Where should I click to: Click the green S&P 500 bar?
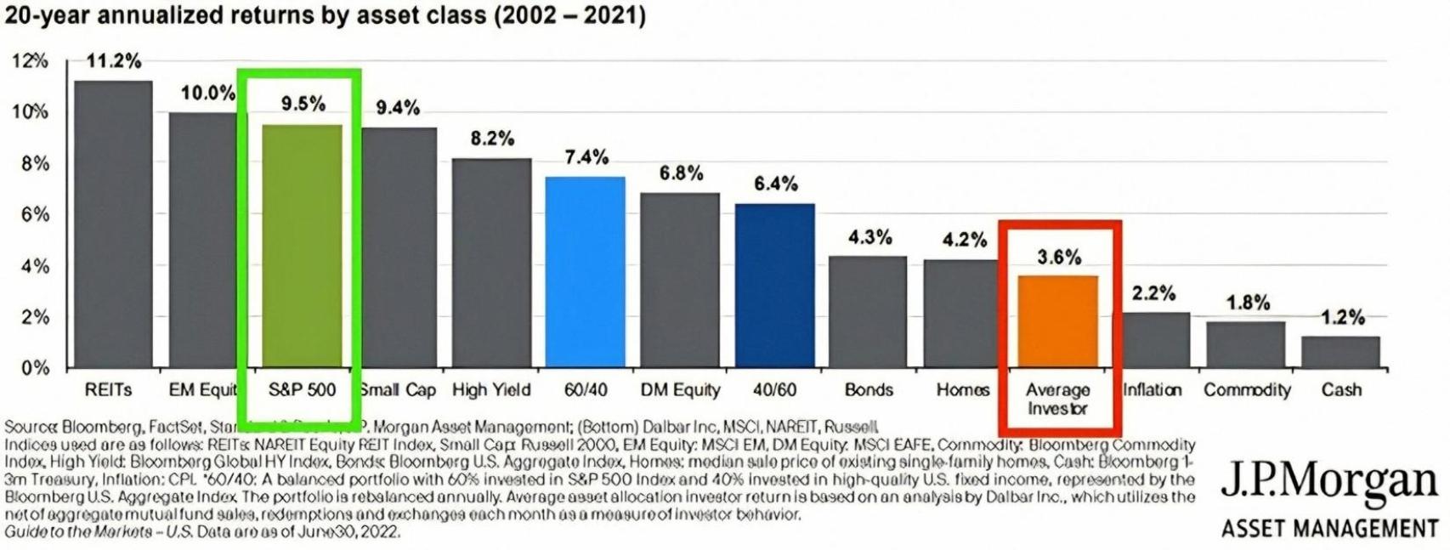302,247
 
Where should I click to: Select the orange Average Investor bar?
1057,321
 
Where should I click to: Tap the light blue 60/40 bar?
585,272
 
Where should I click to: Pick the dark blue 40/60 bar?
774,286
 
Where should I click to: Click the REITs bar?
113,224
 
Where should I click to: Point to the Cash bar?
1340,352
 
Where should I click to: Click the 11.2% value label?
114,61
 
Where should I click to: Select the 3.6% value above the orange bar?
1059,257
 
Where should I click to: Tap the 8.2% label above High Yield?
492,139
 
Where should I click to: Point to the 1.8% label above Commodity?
1248,303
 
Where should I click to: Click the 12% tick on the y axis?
30,61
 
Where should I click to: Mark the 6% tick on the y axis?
35,214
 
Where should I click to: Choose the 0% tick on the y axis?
35,368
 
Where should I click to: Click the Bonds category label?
869,390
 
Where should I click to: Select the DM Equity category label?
680,390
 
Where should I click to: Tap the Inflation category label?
1152,390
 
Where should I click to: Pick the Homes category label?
963,390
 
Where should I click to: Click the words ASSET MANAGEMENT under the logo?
1329,529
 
